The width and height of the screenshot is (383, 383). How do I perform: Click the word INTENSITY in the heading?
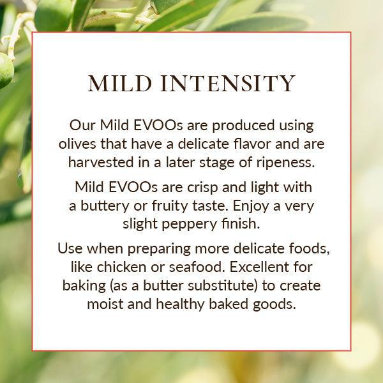point(228,84)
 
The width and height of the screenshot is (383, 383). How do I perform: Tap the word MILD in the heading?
point(120,84)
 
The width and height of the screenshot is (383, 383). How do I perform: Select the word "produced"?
point(243,126)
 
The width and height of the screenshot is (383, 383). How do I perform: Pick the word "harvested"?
point(101,162)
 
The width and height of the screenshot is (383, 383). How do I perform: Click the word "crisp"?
point(202,188)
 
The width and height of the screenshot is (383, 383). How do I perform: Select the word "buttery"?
point(105,206)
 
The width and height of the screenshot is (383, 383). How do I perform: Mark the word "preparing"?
point(159,249)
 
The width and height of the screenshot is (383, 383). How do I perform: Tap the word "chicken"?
point(121,267)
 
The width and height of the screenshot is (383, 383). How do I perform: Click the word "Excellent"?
point(259,267)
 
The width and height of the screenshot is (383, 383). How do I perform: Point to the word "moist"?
point(105,304)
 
